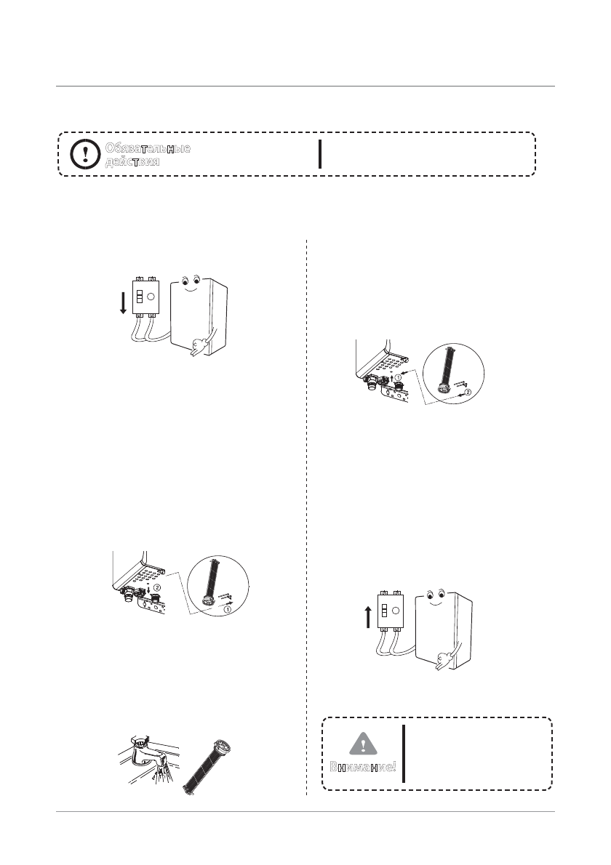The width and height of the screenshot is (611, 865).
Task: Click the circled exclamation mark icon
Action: [85, 154]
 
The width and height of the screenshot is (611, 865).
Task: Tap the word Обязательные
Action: [148, 148]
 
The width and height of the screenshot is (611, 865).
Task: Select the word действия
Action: [132, 161]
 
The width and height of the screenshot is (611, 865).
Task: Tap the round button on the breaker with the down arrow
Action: [152, 297]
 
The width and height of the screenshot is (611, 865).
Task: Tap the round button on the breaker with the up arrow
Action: [397, 611]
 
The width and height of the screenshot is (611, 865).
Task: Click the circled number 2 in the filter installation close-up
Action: [468, 393]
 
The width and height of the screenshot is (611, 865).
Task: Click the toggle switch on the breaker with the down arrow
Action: [140, 297]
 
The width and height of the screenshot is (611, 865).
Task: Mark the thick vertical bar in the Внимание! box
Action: [404, 753]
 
